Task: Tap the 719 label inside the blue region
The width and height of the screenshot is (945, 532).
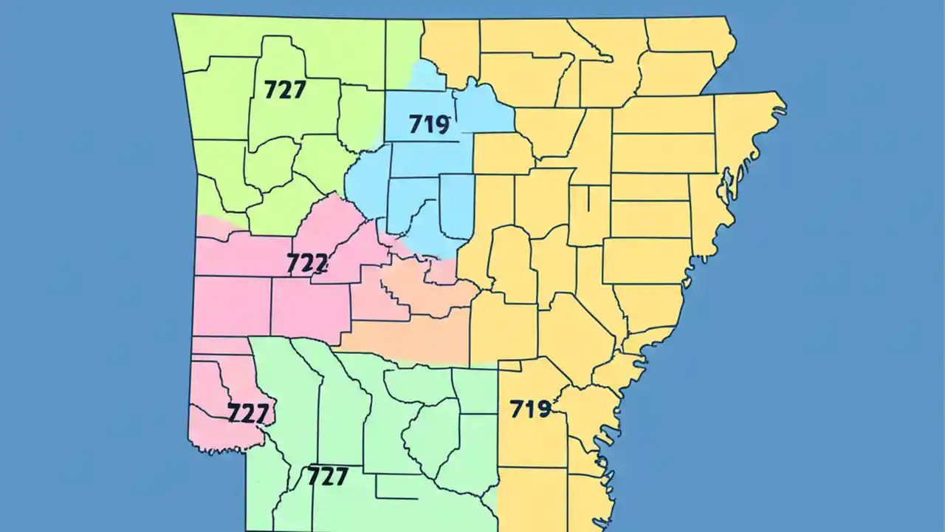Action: click(x=429, y=124)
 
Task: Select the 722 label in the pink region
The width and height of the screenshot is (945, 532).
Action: click(x=307, y=263)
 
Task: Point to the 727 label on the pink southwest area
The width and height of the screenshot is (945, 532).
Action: click(x=247, y=413)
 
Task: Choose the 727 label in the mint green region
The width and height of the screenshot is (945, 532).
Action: click(x=327, y=477)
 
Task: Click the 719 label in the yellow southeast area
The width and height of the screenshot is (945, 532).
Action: click(x=530, y=409)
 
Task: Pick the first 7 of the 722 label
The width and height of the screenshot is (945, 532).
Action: click(x=293, y=263)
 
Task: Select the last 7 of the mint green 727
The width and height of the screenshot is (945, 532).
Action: click(x=340, y=477)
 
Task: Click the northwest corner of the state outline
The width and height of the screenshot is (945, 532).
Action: click(x=174, y=15)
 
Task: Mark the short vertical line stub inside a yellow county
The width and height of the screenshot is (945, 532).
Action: click(x=588, y=198)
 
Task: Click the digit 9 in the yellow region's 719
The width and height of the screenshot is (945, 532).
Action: click(x=543, y=409)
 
